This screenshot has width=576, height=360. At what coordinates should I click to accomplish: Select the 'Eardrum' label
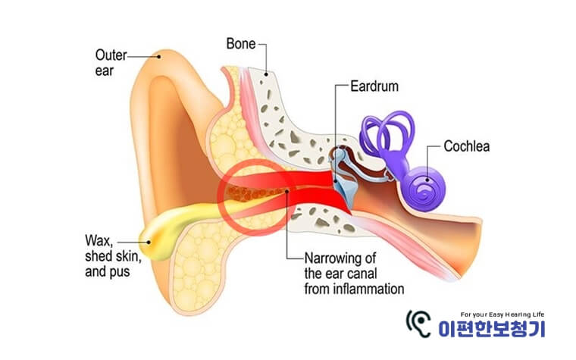point(374,86)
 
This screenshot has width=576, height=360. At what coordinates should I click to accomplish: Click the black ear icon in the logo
point(418,324)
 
